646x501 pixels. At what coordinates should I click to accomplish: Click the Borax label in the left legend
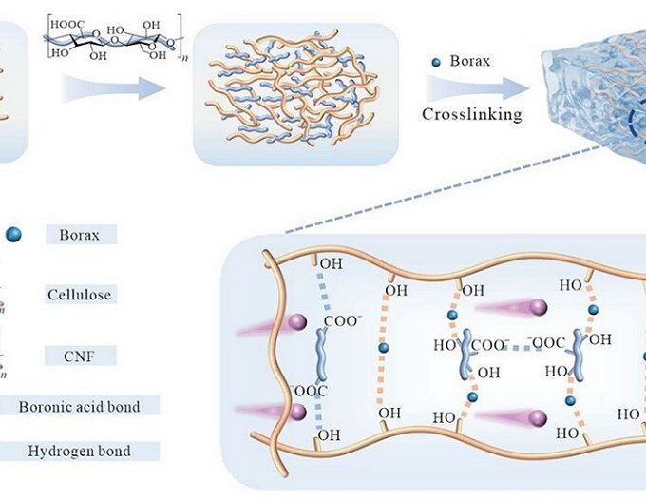[x=81, y=233]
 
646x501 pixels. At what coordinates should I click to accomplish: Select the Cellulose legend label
[x=80, y=295]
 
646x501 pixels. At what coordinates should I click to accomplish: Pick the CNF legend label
[x=81, y=356]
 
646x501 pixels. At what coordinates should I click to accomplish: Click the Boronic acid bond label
[x=79, y=407]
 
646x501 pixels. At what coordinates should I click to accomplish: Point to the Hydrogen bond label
[x=79, y=451]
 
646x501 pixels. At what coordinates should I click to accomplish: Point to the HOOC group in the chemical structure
[x=70, y=22]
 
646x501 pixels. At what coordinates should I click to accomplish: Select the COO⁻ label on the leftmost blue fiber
[x=343, y=323]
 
